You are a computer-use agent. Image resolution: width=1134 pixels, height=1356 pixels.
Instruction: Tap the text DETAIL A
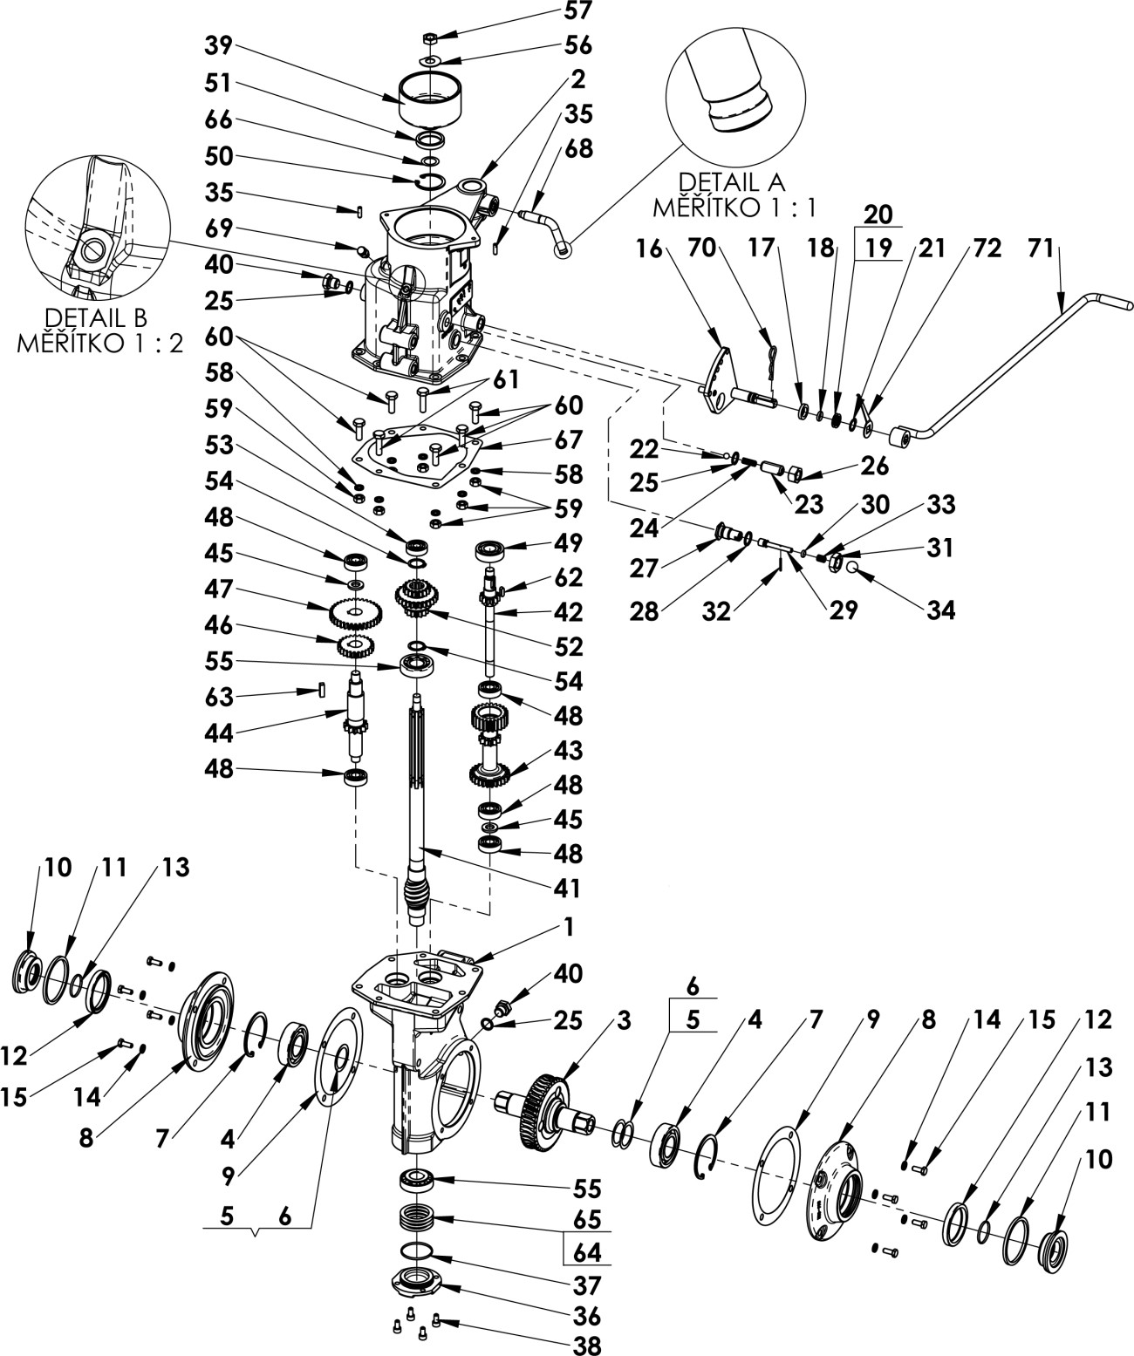click(x=731, y=182)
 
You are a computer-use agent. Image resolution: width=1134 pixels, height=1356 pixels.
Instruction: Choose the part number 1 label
click(x=568, y=927)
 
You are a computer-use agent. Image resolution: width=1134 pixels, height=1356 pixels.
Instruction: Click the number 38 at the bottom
click(x=588, y=1346)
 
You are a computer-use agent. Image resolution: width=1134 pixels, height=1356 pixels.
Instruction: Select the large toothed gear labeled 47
click(x=356, y=614)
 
